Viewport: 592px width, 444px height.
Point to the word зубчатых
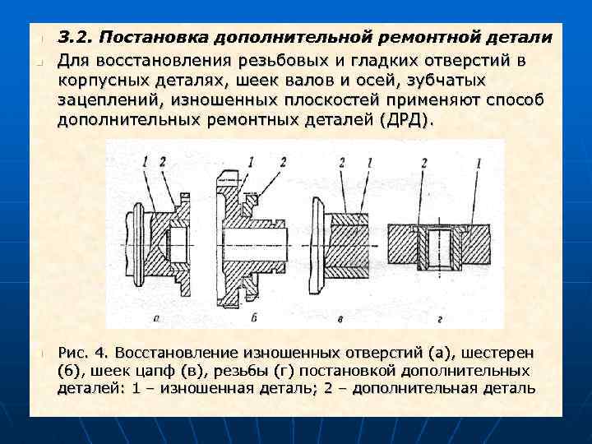pyautogui.click(x=442, y=80)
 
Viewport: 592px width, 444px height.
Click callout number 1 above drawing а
pyautogui.click(x=145, y=162)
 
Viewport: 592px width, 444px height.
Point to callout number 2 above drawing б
pyautogui.click(x=282, y=162)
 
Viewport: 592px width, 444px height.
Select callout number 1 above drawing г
pyautogui.click(x=478, y=162)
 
